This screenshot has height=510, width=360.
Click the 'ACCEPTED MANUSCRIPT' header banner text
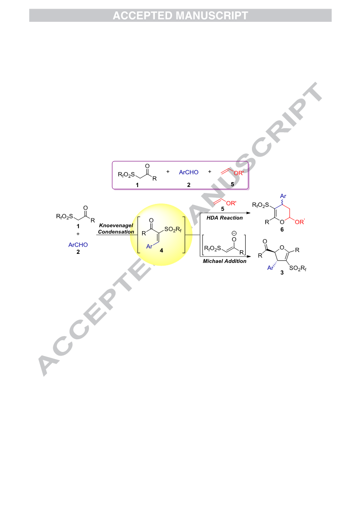180,15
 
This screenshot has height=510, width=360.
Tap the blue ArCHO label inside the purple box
188,173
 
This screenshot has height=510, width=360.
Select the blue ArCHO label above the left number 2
78,245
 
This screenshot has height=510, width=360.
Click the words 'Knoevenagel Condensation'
116,228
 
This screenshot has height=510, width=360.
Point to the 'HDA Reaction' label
224,218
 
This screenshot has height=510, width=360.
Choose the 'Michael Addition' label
224,261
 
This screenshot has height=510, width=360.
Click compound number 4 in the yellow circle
161,250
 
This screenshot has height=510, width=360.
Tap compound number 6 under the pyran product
282,230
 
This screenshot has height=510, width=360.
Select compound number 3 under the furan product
282,272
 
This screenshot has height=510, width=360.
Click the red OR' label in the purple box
238,173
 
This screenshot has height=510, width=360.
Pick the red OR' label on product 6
300,222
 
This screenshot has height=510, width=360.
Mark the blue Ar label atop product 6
283,196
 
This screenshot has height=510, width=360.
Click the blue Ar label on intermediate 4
149,247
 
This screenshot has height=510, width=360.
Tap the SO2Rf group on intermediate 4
173,229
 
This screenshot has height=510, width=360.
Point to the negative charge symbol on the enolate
234,233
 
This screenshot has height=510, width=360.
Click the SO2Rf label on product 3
298,268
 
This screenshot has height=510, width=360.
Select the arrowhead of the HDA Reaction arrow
249,213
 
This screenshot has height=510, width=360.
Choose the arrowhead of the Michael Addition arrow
249,256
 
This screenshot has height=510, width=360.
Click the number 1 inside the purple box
137,185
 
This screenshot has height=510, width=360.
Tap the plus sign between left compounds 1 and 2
78,234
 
